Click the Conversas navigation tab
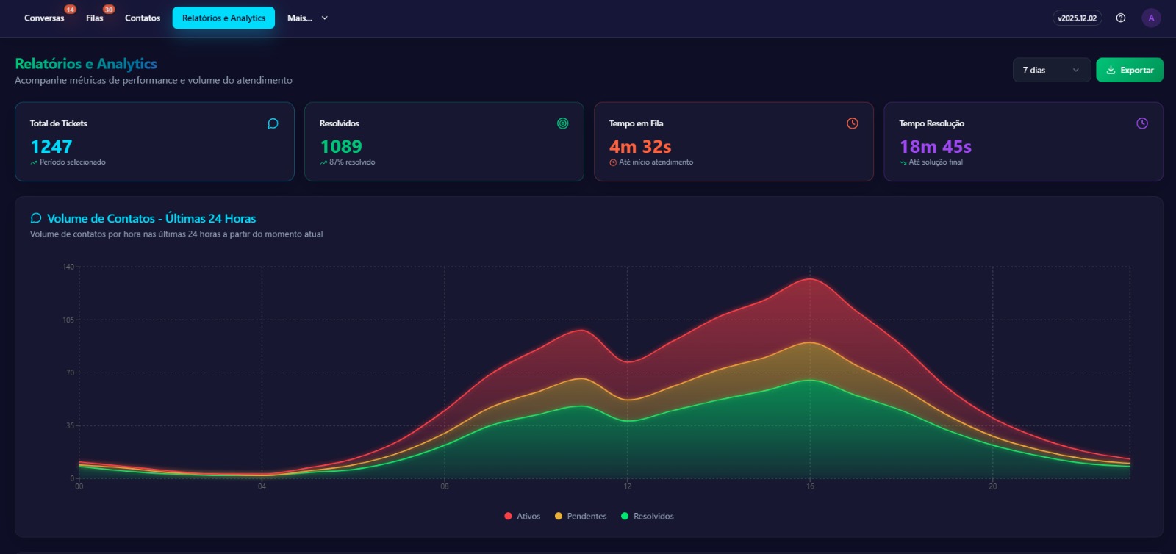pos(44,18)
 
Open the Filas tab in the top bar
pos(95,18)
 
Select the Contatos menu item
pos(143,18)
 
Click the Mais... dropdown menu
pos(307,18)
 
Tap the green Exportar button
pos(1130,70)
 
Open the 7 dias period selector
pos(1051,70)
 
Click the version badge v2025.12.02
pos(1077,18)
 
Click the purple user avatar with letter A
pos(1151,18)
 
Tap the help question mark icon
pos(1121,18)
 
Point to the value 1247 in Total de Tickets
pos(51,146)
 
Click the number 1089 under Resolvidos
pos(341,146)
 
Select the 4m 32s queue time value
pos(640,146)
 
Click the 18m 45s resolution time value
pos(936,146)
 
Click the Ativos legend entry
pos(523,516)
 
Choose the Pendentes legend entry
pos(581,516)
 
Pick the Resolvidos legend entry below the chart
pos(648,516)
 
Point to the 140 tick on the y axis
pos(68,267)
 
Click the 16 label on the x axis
pos(810,486)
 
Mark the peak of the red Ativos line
pos(810,278)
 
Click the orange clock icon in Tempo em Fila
pos(853,123)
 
